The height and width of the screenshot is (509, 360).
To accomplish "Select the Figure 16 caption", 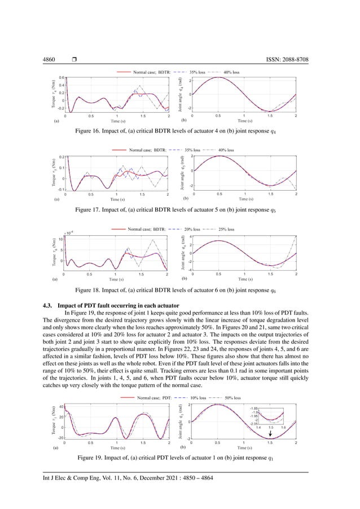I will coord(180,130).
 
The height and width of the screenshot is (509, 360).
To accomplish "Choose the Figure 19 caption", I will coord(180,456).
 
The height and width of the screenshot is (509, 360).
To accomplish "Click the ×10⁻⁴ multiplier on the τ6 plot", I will coord(69,231).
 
